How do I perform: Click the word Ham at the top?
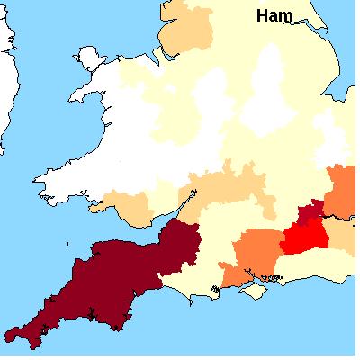coord(274,15)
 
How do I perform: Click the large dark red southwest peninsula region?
coord(117,279)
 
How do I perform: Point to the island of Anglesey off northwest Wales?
coord(90,60)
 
